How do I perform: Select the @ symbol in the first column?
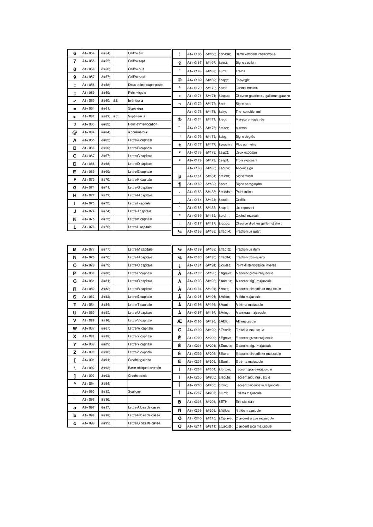point(75,132)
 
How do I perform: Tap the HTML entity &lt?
point(116,101)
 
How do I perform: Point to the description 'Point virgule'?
point(137,93)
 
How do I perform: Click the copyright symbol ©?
point(180,80)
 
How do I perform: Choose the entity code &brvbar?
point(225,54)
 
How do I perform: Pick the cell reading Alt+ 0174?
point(194,120)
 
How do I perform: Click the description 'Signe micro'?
point(244,176)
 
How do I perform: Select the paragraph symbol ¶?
point(180,184)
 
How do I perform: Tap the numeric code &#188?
point(211,231)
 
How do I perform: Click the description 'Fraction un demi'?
point(248,249)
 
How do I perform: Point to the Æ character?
point(180,321)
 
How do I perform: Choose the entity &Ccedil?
point(225,330)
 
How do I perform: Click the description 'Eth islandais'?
point(245,402)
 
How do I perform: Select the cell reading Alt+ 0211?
point(194,426)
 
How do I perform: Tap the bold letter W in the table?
point(75,328)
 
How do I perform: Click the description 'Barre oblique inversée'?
point(144,368)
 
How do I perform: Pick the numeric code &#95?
point(106,391)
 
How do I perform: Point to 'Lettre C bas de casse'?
point(144,423)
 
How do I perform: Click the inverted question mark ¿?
point(180,266)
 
